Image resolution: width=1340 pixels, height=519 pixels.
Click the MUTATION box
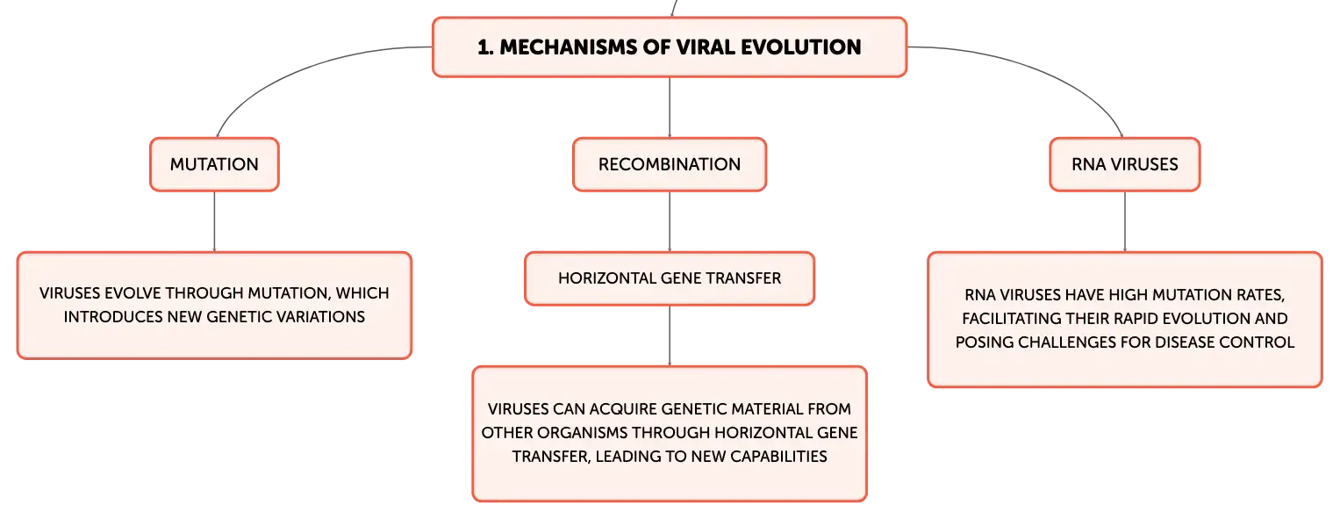[x=214, y=164]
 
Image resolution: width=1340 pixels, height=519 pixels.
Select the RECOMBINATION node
[x=670, y=164]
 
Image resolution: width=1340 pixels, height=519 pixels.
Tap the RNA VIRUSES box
[x=1125, y=164]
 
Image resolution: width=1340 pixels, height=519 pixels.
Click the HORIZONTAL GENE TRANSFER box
[x=670, y=278]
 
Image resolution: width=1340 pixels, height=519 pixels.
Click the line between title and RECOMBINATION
[x=670, y=108]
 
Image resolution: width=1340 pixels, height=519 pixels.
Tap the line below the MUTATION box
[x=214, y=221]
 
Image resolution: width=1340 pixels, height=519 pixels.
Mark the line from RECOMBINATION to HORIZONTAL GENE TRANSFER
[x=670, y=221]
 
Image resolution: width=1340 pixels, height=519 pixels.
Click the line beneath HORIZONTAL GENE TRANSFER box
[x=670, y=335]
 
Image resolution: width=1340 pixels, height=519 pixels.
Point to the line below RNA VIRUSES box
[x=1125, y=221]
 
